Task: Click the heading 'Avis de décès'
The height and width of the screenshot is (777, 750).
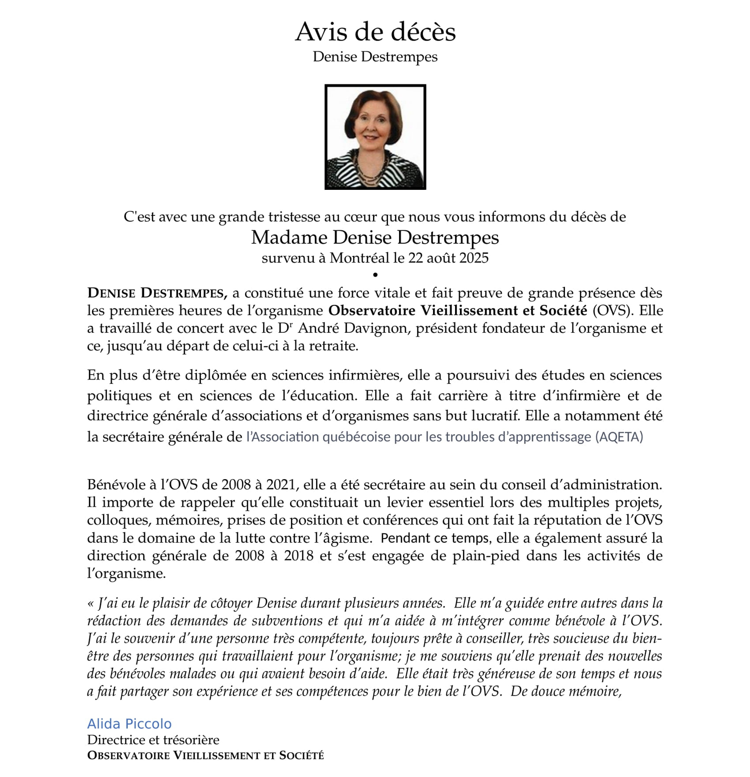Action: point(375,32)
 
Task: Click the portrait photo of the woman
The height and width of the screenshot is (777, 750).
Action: point(375,136)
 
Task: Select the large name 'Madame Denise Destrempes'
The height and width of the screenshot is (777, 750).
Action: point(375,237)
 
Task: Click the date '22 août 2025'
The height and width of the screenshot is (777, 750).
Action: point(448,258)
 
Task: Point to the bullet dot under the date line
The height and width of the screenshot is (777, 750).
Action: point(375,274)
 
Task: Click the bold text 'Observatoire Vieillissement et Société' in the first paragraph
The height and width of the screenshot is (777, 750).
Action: point(457,311)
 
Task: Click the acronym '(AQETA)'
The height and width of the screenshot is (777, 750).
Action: point(619,437)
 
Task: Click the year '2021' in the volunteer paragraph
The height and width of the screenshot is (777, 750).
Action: point(281,485)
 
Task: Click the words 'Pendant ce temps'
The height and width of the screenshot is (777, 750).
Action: point(434,538)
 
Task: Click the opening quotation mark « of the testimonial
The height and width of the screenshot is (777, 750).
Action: point(90,604)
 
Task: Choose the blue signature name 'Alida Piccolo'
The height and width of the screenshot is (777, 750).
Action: point(129,724)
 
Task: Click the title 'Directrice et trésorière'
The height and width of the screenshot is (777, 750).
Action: point(153,740)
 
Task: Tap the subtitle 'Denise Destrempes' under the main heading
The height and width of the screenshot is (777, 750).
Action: point(375,57)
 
